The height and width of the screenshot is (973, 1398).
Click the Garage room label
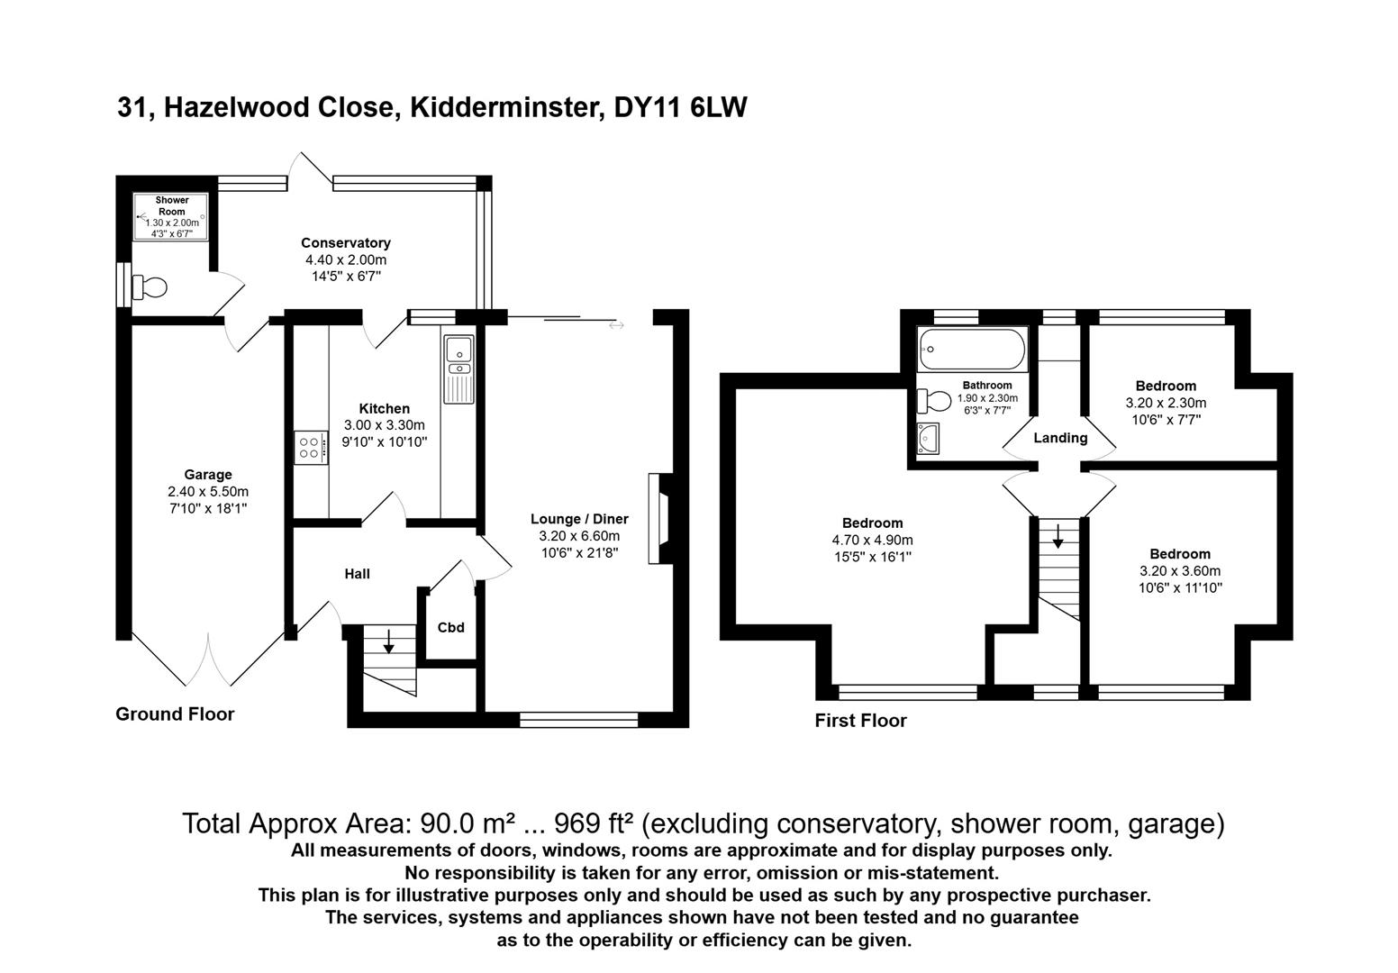(x=208, y=475)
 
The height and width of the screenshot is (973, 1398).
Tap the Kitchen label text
(x=385, y=409)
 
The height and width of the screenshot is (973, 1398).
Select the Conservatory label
(x=346, y=243)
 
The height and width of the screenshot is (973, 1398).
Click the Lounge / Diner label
(x=579, y=519)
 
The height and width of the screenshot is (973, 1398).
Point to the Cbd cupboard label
(x=451, y=627)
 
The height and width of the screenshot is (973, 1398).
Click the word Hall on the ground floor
(x=358, y=574)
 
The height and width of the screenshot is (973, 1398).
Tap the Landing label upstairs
(x=1060, y=438)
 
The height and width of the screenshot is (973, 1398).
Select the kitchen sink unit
(x=459, y=368)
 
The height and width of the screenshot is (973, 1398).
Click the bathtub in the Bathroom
(x=972, y=350)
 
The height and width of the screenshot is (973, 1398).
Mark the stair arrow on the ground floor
(x=389, y=641)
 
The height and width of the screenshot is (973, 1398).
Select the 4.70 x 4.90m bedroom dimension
(x=872, y=541)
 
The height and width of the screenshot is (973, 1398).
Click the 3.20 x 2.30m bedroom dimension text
(x=1166, y=403)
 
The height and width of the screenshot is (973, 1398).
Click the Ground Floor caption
(x=175, y=714)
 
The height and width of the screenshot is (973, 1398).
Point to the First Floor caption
(x=860, y=721)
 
